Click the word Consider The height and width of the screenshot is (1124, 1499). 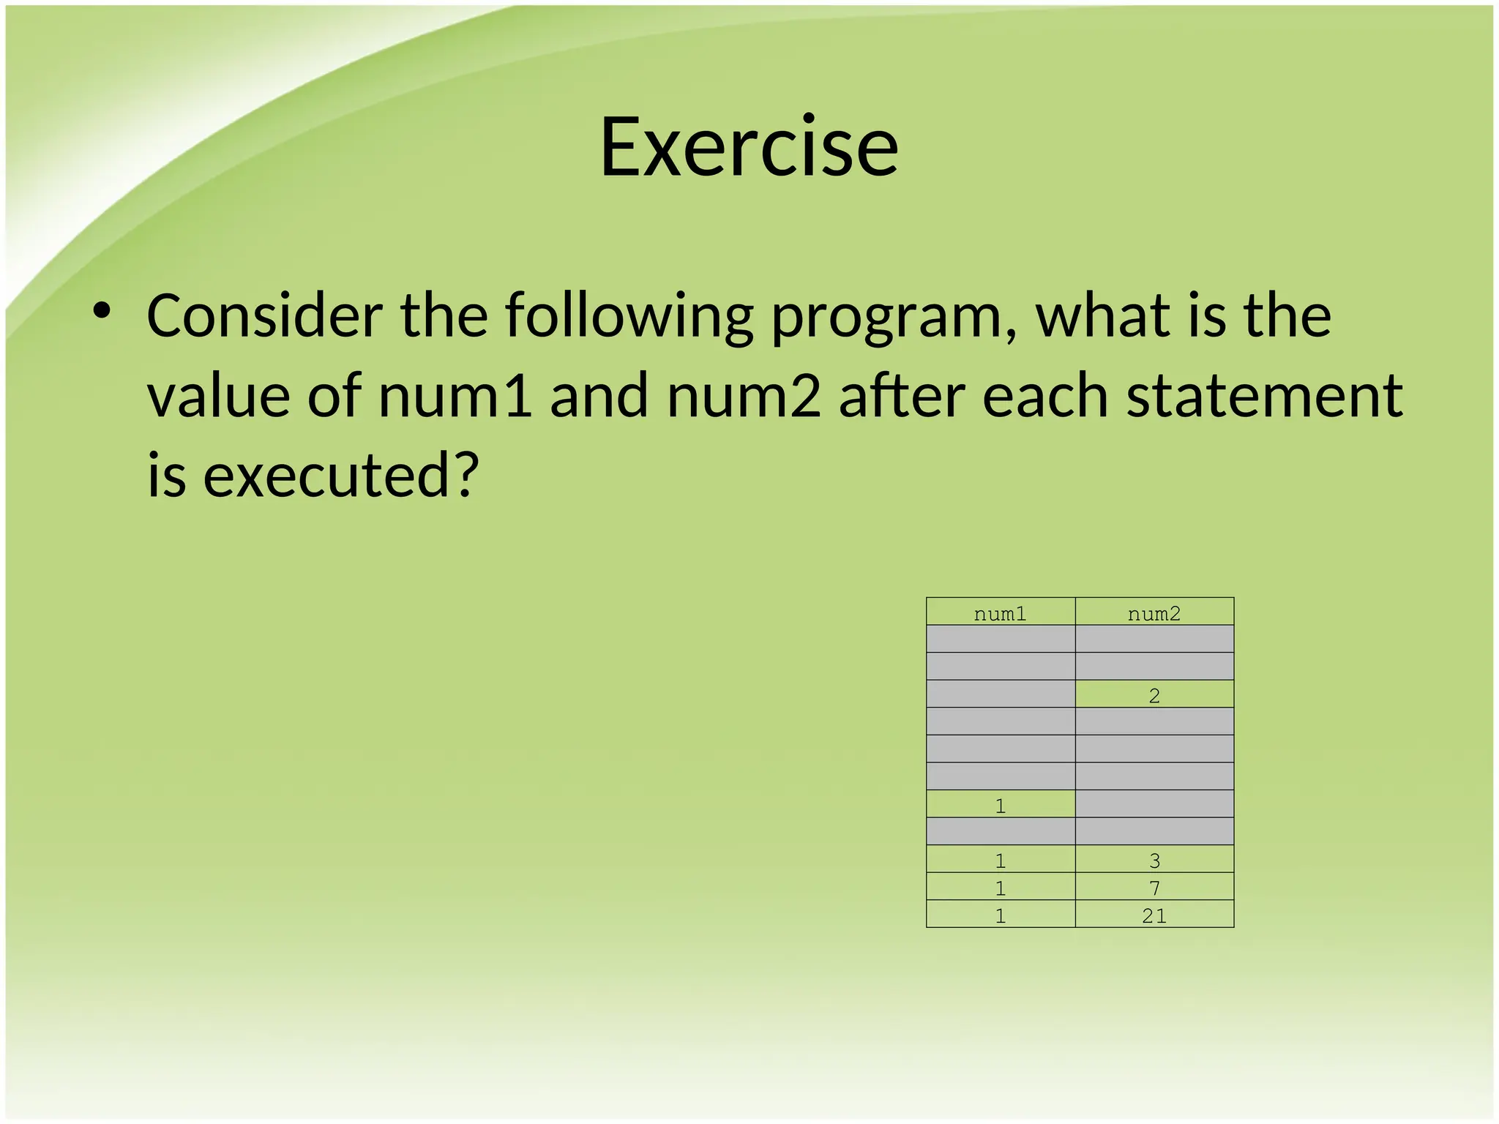click(x=263, y=316)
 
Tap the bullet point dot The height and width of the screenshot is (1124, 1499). click(x=102, y=312)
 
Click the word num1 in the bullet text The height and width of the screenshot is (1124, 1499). click(x=455, y=396)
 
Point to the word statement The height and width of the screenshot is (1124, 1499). click(x=1264, y=396)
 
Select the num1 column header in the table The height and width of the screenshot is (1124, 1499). click(x=1000, y=613)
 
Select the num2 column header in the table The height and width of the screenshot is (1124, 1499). click(x=1154, y=613)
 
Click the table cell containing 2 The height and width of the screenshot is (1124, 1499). click(x=1154, y=695)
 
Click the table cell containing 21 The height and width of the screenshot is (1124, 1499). click(x=1154, y=915)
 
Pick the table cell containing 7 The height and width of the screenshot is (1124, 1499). click(x=1154, y=888)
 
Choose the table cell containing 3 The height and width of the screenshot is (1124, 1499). click(x=1154, y=860)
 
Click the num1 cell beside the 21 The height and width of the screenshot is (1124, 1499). click(x=1000, y=915)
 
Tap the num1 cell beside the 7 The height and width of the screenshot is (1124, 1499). click(x=1000, y=888)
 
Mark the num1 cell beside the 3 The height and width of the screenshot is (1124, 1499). click(x=1000, y=860)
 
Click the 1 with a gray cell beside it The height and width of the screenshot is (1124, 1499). click(x=1000, y=805)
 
